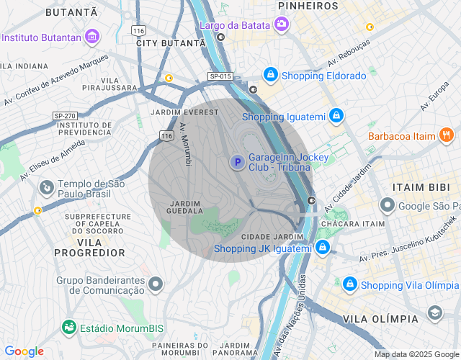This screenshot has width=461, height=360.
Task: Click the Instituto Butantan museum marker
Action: (92, 36)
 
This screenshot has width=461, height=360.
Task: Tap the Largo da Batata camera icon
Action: (282, 25)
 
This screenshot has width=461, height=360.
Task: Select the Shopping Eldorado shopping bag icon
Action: (270, 74)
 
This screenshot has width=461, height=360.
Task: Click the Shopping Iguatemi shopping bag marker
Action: (336, 115)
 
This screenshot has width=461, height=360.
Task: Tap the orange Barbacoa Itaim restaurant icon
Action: (446, 134)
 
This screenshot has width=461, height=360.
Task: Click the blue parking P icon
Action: (236, 163)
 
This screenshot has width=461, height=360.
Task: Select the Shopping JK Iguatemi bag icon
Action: (323, 248)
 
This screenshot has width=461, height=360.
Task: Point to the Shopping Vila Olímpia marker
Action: (349, 284)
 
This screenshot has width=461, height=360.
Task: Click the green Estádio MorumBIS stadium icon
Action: (68, 328)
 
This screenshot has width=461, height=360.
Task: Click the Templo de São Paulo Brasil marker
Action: (46, 188)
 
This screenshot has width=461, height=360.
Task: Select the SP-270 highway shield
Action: (65, 115)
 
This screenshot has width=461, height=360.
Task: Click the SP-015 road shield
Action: (220, 76)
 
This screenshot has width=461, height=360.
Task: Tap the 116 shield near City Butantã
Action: (138, 30)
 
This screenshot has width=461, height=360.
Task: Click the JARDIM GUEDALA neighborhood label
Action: (184, 207)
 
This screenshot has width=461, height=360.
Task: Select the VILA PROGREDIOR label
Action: (90, 253)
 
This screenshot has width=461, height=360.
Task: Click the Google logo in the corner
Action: (24, 351)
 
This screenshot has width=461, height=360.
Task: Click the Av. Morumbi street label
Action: (186, 144)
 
